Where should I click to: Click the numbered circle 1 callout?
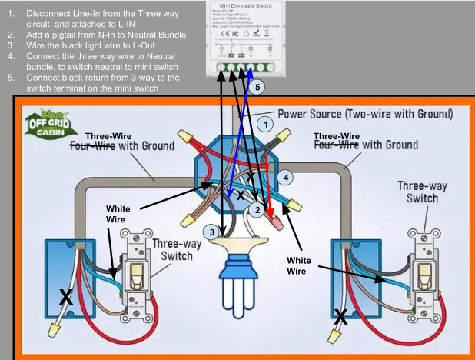tap(264, 123)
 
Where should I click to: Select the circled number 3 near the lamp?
tap(211, 232)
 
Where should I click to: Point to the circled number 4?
tap(286, 177)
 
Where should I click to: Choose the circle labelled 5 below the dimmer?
tap(258, 88)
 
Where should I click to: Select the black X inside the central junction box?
tap(241, 197)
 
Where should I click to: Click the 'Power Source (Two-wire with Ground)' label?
tap(364, 114)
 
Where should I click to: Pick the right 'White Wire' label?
tap(302, 265)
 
